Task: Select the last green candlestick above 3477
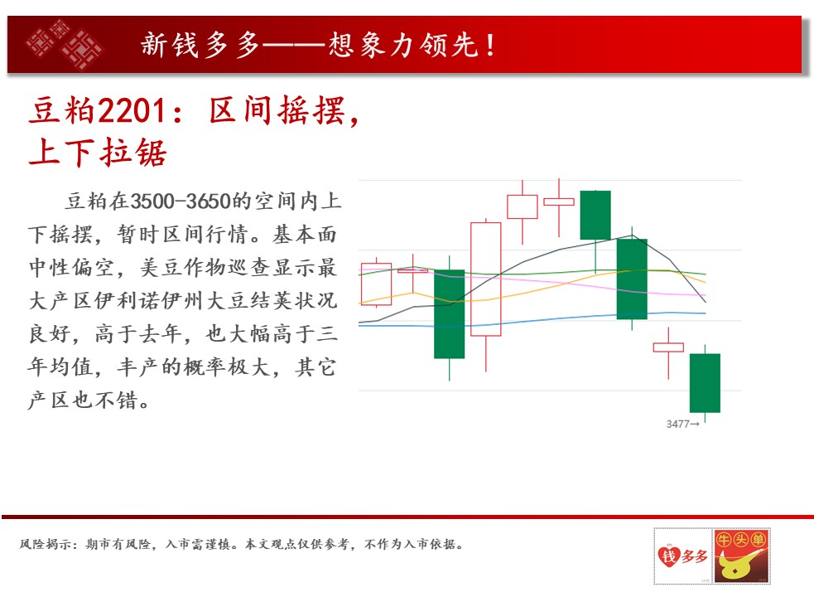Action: (x=705, y=383)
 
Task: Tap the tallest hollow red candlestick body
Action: (x=486, y=279)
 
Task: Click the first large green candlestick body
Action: (x=449, y=314)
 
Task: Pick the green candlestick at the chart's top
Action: (x=595, y=216)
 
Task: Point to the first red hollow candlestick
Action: (x=376, y=284)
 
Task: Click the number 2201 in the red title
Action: (x=132, y=111)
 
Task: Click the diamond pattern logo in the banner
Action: (x=65, y=45)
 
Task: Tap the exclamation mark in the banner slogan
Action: (x=490, y=45)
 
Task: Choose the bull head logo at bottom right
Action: (x=741, y=556)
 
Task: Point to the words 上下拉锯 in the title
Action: (x=98, y=153)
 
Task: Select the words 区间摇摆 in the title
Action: (x=277, y=111)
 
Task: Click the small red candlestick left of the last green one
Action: (x=668, y=347)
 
